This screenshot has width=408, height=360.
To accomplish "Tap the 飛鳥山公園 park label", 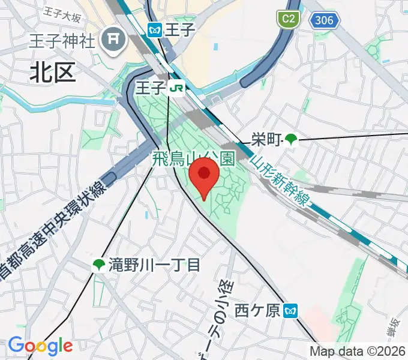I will [x=193, y=159].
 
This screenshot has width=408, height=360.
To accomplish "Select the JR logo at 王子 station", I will [x=176, y=89].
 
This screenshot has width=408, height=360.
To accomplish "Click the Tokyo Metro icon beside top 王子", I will [x=155, y=29].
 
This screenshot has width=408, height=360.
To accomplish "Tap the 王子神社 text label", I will [x=62, y=41].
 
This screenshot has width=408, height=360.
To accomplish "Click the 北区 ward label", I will [x=53, y=73].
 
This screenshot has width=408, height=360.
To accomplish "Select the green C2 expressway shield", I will [x=288, y=19].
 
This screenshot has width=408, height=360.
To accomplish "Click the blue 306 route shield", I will [x=325, y=21].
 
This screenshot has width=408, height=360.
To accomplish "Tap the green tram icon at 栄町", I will [x=292, y=140].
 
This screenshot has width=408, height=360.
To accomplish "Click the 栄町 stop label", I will [x=266, y=140].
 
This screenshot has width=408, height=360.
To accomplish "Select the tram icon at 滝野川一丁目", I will [x=98, y=264].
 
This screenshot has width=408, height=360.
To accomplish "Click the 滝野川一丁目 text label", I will [x=155, y=264].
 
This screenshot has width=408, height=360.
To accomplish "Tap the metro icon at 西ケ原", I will [x=291, y=310].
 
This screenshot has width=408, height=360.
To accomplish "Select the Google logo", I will [x=40, y=346].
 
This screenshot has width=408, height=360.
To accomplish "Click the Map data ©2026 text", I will [x=358, y=352].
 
